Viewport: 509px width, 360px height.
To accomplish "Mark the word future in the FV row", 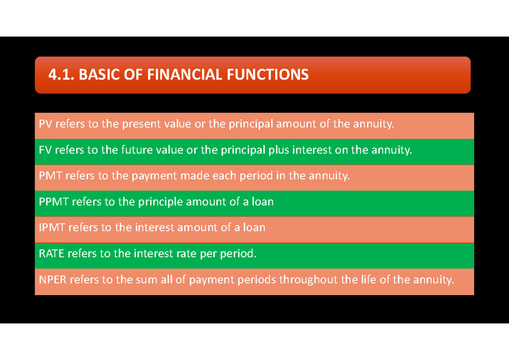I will point(136,151).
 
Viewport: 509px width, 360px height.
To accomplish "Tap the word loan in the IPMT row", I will point(254,228).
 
